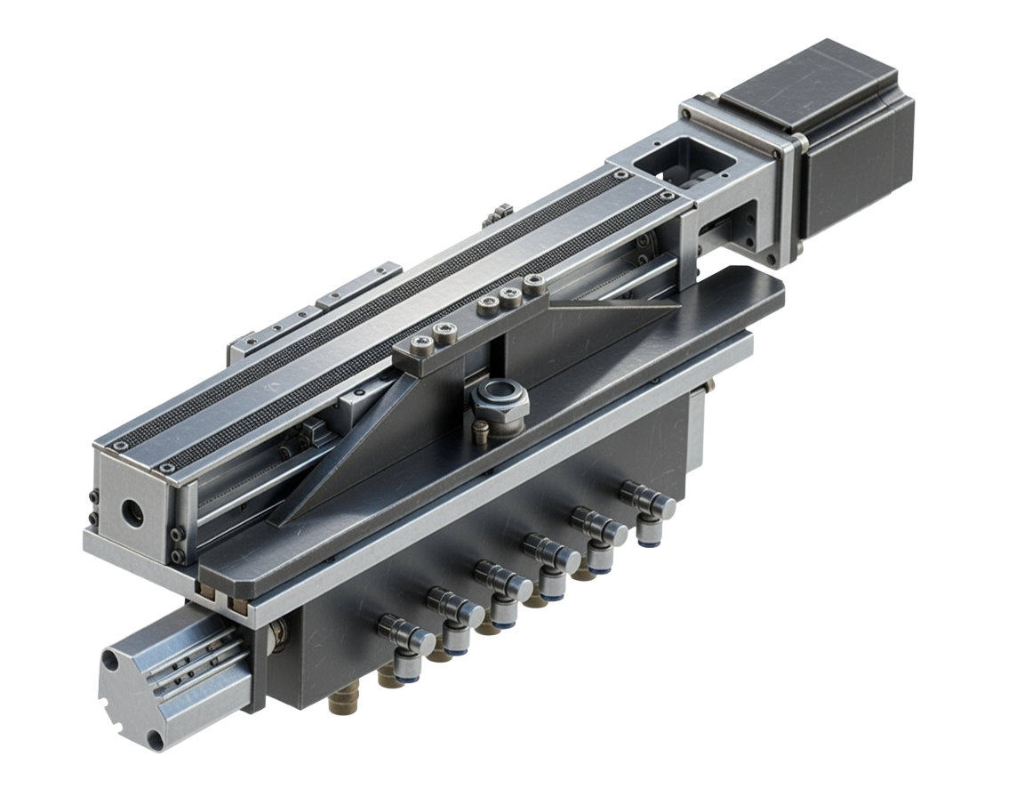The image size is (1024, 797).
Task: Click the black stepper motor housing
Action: coord(844,133)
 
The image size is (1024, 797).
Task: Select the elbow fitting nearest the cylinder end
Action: coord(401,634)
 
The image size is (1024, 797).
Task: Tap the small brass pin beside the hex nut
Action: coord(481,433)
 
